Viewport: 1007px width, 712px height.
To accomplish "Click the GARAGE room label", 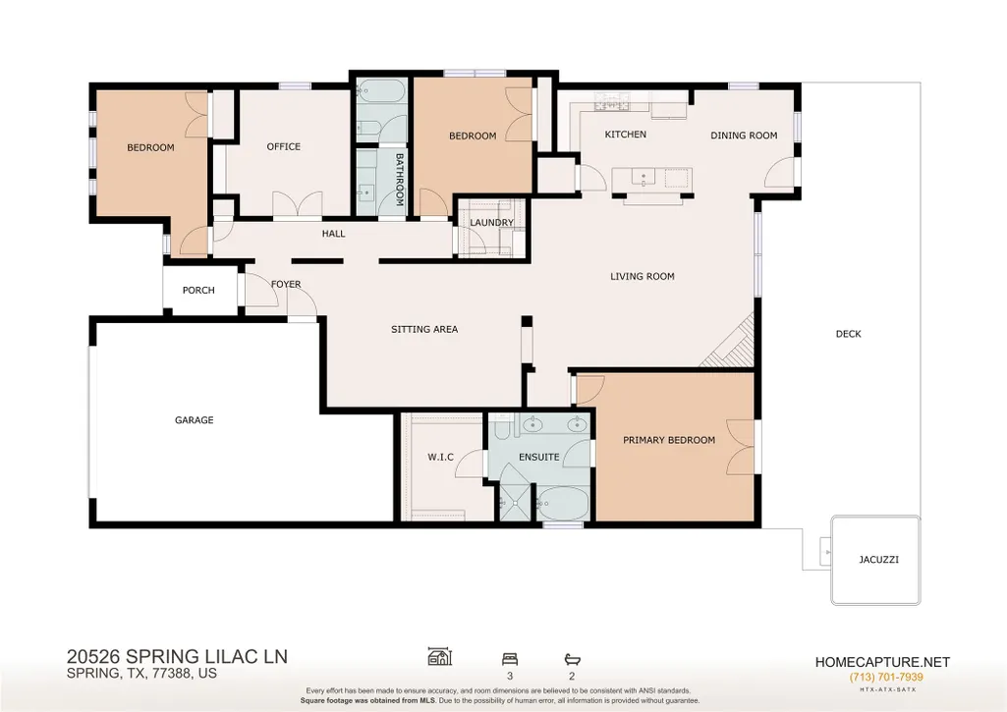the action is (x=194, y=420).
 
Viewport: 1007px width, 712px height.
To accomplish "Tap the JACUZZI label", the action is (x=878, y=559).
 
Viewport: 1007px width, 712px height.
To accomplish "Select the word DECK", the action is (x=849, y=334).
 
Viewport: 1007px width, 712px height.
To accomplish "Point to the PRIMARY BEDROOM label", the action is (x=669, y=440).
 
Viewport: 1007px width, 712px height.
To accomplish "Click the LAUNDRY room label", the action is (x=491, y=223).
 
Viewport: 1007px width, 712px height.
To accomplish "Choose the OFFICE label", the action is (x=283, y=146).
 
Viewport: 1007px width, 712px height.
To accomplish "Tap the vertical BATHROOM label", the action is (x=399, y=179).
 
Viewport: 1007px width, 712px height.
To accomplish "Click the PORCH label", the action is (x=198, y=290).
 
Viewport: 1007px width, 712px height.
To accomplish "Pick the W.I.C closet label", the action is (x=440, y=457).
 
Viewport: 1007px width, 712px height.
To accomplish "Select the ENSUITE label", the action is (x=538, y=457).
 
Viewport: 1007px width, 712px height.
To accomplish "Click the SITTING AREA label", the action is (x=424, y=329).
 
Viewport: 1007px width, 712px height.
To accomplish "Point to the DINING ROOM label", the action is (x=744, y=136).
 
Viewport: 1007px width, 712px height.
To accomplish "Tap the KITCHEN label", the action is (x=626, y=135).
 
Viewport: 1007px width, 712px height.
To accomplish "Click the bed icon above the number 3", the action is (x=510, y=659).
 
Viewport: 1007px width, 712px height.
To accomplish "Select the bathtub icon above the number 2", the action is (x=572, y=659).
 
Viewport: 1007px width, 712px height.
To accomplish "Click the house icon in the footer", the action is (x=440, y=656).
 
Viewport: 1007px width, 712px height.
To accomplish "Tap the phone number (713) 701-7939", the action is (x=885, y=678).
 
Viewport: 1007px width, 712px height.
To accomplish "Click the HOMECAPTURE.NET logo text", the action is (x=882, y=662).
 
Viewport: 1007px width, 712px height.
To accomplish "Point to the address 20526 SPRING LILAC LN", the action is (x=177, y=657).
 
